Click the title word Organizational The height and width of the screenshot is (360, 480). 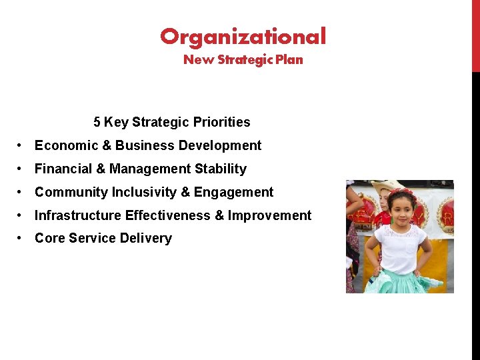pyautogui.click(x=243, y=36)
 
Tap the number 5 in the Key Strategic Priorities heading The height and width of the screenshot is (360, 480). pyautogui.click(x=97, y=122)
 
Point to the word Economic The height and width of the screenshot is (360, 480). pyautogui.click(x=63, y=145)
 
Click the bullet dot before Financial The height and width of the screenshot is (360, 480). pyautogui.click(x=21, y=169)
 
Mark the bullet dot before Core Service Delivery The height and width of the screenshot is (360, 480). pyautogui.click(x=21, y=239)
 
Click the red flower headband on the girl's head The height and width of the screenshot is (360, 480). pyautogui.click(x=401, y=193)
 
